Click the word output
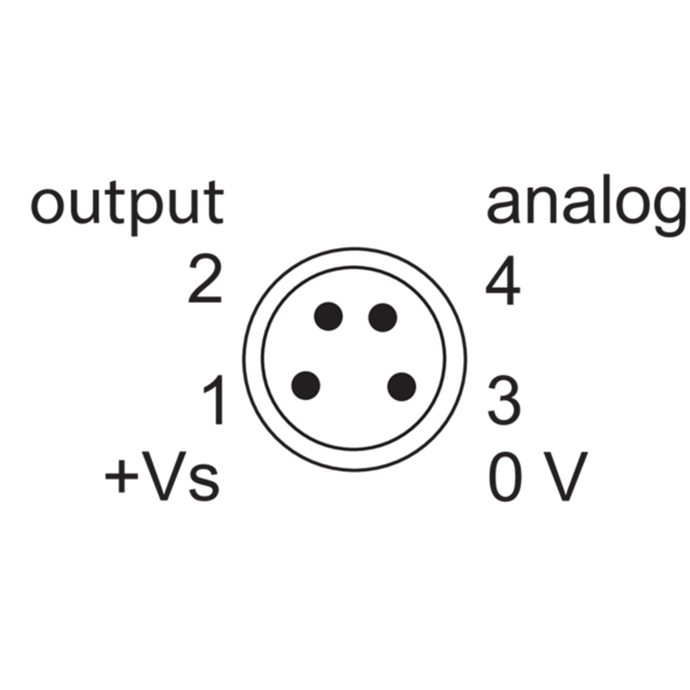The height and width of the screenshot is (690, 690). click(127, 207)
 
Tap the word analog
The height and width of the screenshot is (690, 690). click(587, 205)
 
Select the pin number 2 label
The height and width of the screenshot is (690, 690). click(204, 279)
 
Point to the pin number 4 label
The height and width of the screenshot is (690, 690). click(503, 280)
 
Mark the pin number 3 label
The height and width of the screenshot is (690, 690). click(505, 401)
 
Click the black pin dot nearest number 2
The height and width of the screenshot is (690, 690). click(329, 317)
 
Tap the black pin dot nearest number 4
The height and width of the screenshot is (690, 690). click(382, 317)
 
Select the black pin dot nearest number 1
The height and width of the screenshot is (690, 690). click(306, 386)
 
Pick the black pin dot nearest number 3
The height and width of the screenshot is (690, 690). click(402, 386)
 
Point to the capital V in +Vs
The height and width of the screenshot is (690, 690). click(164, 476)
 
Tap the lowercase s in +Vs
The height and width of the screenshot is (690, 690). click(204, 483)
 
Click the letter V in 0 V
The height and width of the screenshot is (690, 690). click(565, 476)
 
